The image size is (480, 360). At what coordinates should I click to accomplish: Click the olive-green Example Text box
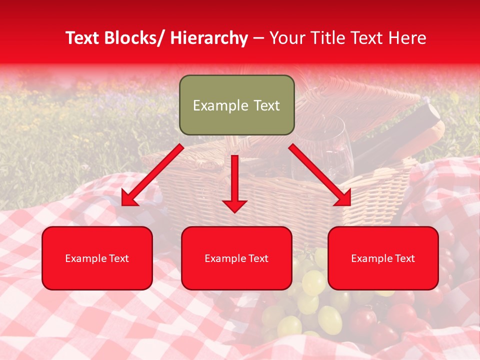click(236, 105)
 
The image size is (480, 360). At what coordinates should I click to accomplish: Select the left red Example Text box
click(97, 258)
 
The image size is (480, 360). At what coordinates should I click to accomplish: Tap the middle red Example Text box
click(236, 258)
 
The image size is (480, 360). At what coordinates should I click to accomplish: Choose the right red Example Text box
click(383, 258)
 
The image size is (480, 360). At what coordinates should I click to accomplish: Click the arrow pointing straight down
click(234, 185)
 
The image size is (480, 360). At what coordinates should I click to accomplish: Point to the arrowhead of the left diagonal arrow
click(129, 199)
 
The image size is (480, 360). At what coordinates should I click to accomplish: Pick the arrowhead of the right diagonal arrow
click(343, 198)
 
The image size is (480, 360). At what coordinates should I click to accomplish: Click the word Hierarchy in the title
click(209, 38)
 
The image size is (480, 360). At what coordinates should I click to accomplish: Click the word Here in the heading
click(407, 38)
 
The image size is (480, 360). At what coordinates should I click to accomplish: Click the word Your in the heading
click(287, 38)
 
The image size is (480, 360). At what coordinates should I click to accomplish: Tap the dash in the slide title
click(258, 38)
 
